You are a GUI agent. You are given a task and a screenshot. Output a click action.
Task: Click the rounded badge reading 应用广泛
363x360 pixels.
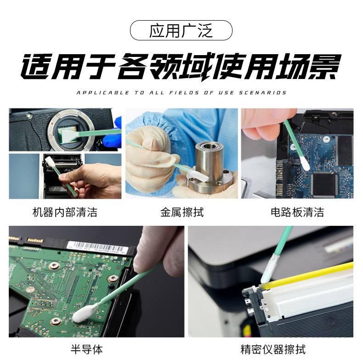coord(181,31)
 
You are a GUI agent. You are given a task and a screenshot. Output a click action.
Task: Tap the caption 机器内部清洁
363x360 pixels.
coord(65,212)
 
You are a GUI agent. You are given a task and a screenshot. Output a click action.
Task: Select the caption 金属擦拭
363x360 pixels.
coord(181,212)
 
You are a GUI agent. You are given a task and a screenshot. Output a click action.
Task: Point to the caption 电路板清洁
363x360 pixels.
coord(297,212)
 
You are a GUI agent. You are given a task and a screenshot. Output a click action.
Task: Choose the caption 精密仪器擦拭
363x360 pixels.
coord(272,349)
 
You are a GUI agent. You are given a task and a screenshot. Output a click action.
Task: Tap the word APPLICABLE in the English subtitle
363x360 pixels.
coord(103,93)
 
